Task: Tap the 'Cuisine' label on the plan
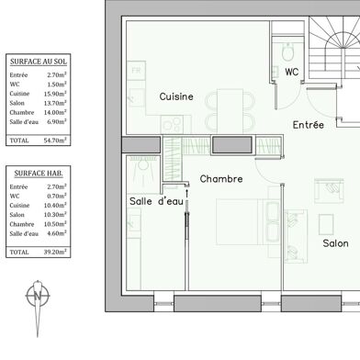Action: coord(175,96)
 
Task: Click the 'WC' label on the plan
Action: coord(291,73)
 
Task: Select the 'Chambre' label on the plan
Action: coord(220,180)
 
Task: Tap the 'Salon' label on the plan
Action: coord(335,243)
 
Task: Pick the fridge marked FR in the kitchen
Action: coord(136,71)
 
